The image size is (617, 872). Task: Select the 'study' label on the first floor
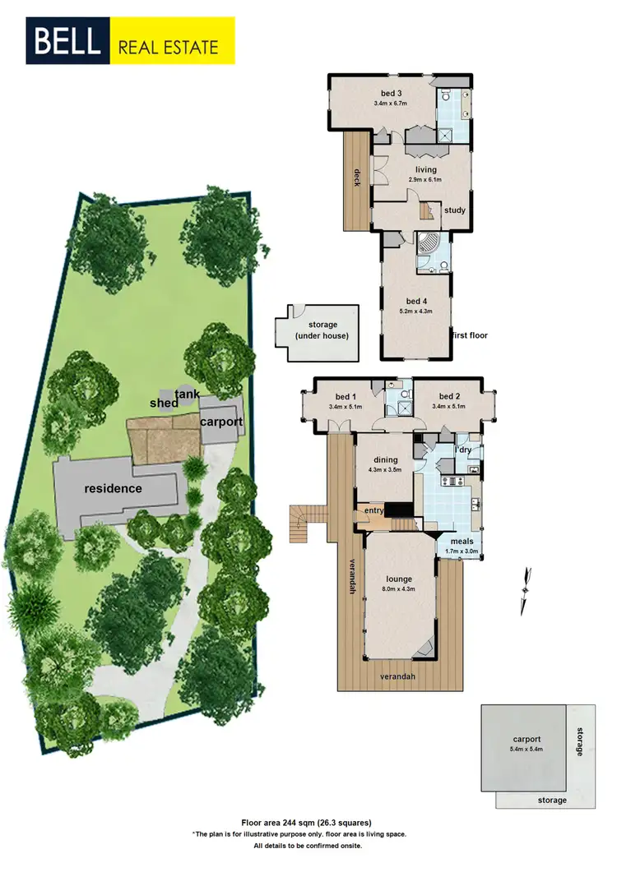click(x=455, y=210)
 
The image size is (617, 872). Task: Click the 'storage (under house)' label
click(x=322, y=330)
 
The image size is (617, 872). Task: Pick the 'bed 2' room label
click(x=452, y=396)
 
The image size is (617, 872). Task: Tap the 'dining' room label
click(x=385, y=459)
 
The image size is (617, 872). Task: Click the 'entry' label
click(x=374, y=510)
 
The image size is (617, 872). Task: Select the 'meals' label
click(x=462, y=542)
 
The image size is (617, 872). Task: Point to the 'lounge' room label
click(x=398, y=556)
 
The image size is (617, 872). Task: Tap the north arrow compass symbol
click(x=523, y=591)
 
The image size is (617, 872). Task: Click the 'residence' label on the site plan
click(x=113, y=488)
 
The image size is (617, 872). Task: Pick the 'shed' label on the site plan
click(x=164, y=404)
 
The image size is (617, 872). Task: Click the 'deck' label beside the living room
click(x=358, y=177)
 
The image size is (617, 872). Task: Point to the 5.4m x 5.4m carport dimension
click(x=525, y=750)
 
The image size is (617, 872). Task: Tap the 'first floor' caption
click(x=472, y=336)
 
